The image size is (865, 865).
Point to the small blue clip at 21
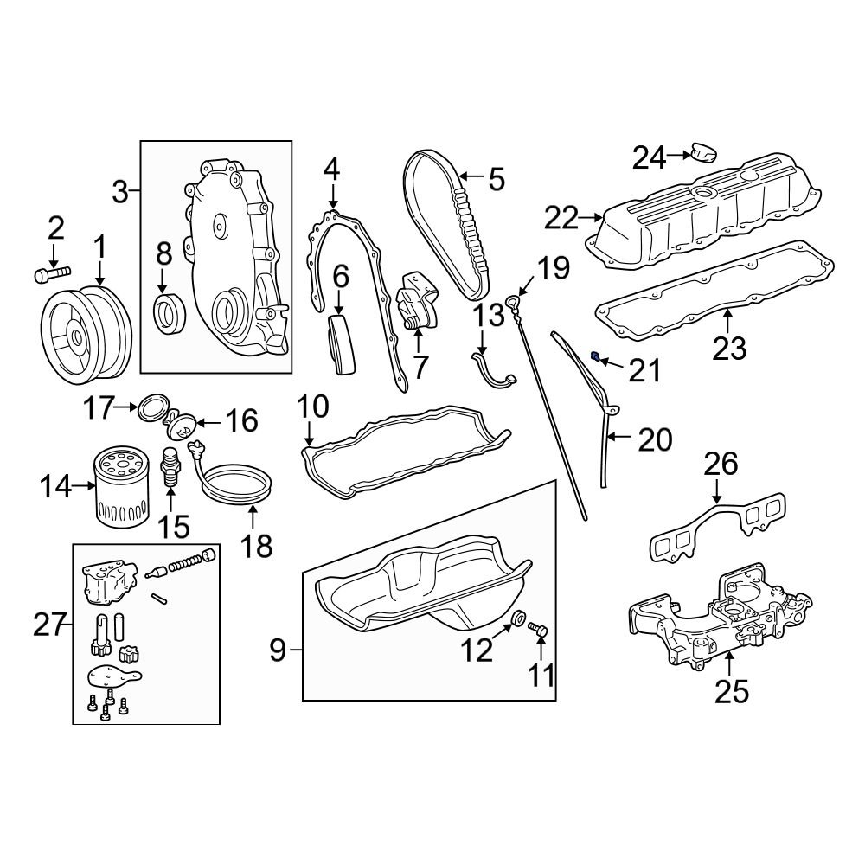(x=596, y=356)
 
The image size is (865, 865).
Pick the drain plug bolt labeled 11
(x=538, y=632)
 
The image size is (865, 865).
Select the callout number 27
(x=49, y=624)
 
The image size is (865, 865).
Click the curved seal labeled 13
(x=495, y=373)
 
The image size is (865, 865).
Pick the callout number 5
(x=496, y=179)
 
